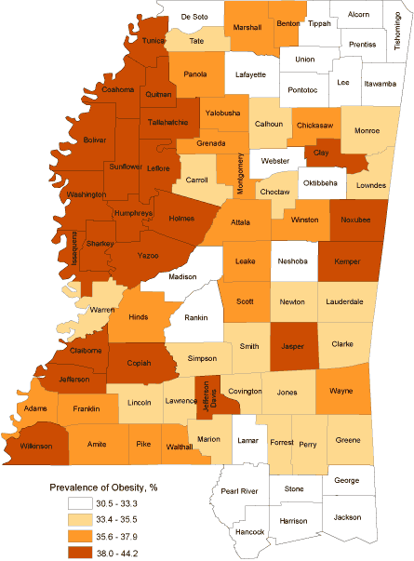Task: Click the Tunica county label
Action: [154, 42]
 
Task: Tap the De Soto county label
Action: [194, 17]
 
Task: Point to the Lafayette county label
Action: [250, 74]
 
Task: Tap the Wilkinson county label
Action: [32, 447]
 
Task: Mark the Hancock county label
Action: [250, 531]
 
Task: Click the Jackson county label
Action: [347, 516]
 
